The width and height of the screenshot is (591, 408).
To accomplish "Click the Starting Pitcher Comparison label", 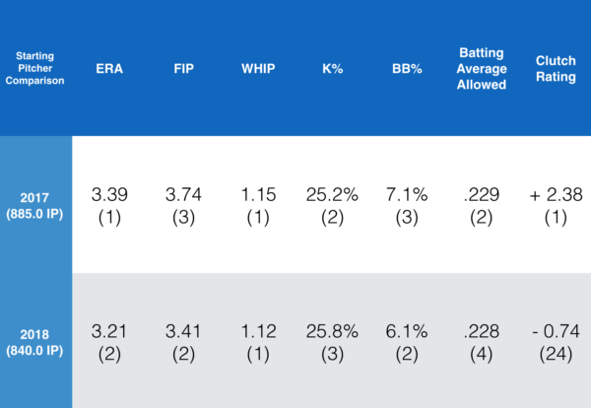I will [35, 70].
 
